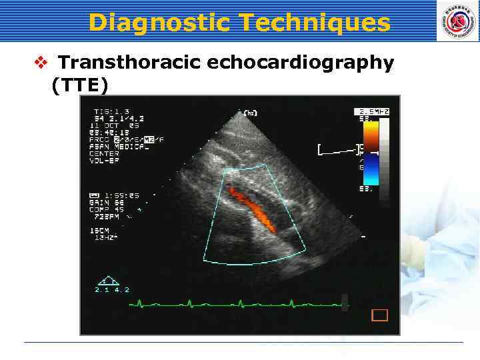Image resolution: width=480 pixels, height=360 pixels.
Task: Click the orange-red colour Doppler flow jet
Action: coord(252,206)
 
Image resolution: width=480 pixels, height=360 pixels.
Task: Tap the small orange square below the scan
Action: coord(379,315)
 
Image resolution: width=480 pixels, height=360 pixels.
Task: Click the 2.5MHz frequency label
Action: coord(373,111)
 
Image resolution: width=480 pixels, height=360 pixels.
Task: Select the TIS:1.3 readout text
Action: coord(111,111)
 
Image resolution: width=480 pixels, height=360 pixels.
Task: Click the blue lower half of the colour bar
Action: coord(370,173)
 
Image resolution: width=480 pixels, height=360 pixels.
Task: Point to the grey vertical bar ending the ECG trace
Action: coord(344,302)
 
